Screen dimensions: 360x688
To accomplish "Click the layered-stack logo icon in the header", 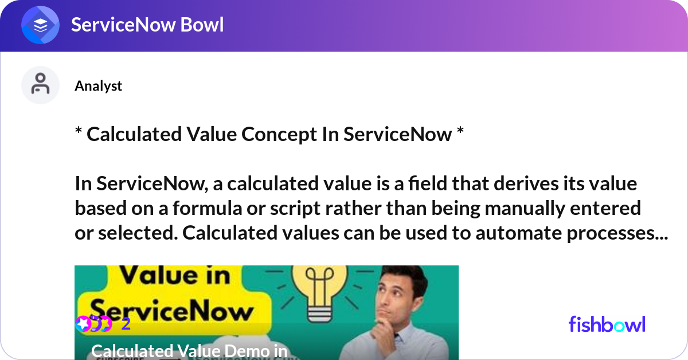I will pos(40,25).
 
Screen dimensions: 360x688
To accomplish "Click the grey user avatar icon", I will pos(40,85).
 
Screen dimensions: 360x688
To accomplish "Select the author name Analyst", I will pos(98,86).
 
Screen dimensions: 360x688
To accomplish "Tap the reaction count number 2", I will pos(126,324).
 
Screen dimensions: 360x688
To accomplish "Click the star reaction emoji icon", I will pos(83,324).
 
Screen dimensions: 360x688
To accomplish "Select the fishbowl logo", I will pos(607,324).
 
